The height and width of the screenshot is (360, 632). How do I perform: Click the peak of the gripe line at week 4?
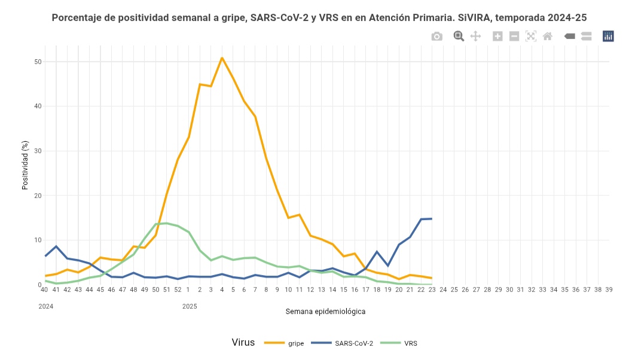coord(222,58)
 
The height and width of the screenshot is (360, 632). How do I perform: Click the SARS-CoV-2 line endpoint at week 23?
coord(432,219)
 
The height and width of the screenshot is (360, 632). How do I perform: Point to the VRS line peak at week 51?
coord(166,223)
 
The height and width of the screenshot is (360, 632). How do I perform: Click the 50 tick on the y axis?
coord(38,62)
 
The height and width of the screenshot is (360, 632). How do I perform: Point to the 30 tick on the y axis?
coord(38,151)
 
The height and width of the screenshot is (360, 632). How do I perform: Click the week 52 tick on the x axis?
coord(178,290)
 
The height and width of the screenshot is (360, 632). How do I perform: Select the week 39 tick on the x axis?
coord(609,290)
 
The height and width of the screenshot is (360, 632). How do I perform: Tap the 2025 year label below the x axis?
coord(190,306)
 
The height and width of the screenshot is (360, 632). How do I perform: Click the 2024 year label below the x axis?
coord(46,306)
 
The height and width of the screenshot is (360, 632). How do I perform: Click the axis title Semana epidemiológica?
coord(325,312)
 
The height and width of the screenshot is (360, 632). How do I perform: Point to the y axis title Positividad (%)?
coord(25,165)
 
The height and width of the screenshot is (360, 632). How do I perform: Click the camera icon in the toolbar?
coord(437,36)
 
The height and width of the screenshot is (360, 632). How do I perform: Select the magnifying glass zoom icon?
coord(459,36)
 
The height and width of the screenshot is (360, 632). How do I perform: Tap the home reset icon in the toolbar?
coord(547,36)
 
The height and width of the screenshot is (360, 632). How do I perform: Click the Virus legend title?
coord(243,343)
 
